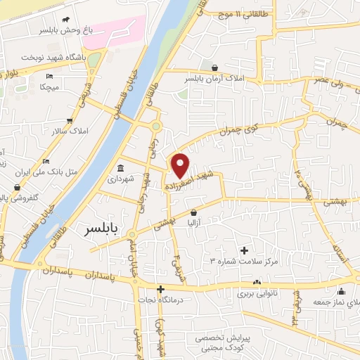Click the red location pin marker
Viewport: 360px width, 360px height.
[x=181, y=166]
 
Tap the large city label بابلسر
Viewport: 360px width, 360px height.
[x=104, y=229]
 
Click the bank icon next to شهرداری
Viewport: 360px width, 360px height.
[x=121, y=168]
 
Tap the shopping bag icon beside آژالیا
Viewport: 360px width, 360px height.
[x=193, y=212]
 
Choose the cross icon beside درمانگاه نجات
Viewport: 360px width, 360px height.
[x=161, y=289]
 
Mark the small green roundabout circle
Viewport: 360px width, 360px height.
[x=155, y=127]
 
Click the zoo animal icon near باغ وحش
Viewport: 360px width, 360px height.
[x=65, y=20]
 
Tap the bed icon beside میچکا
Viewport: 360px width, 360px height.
[x=48, y=76]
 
